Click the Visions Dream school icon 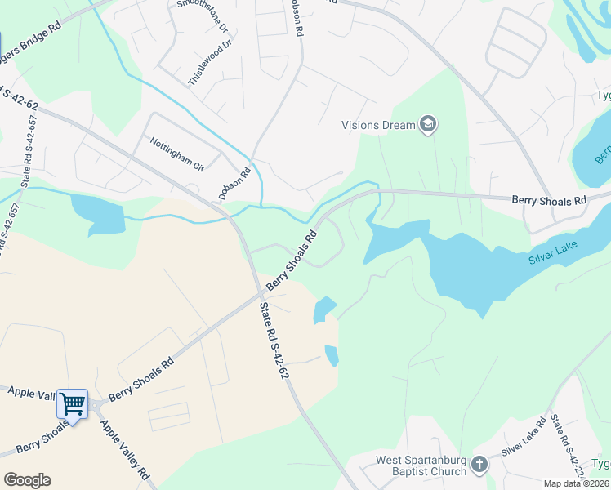click(428, 125)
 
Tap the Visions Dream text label click(378, 126)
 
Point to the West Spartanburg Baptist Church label click(421, 465)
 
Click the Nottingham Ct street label click(176, 154)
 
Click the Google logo click(27, 480)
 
